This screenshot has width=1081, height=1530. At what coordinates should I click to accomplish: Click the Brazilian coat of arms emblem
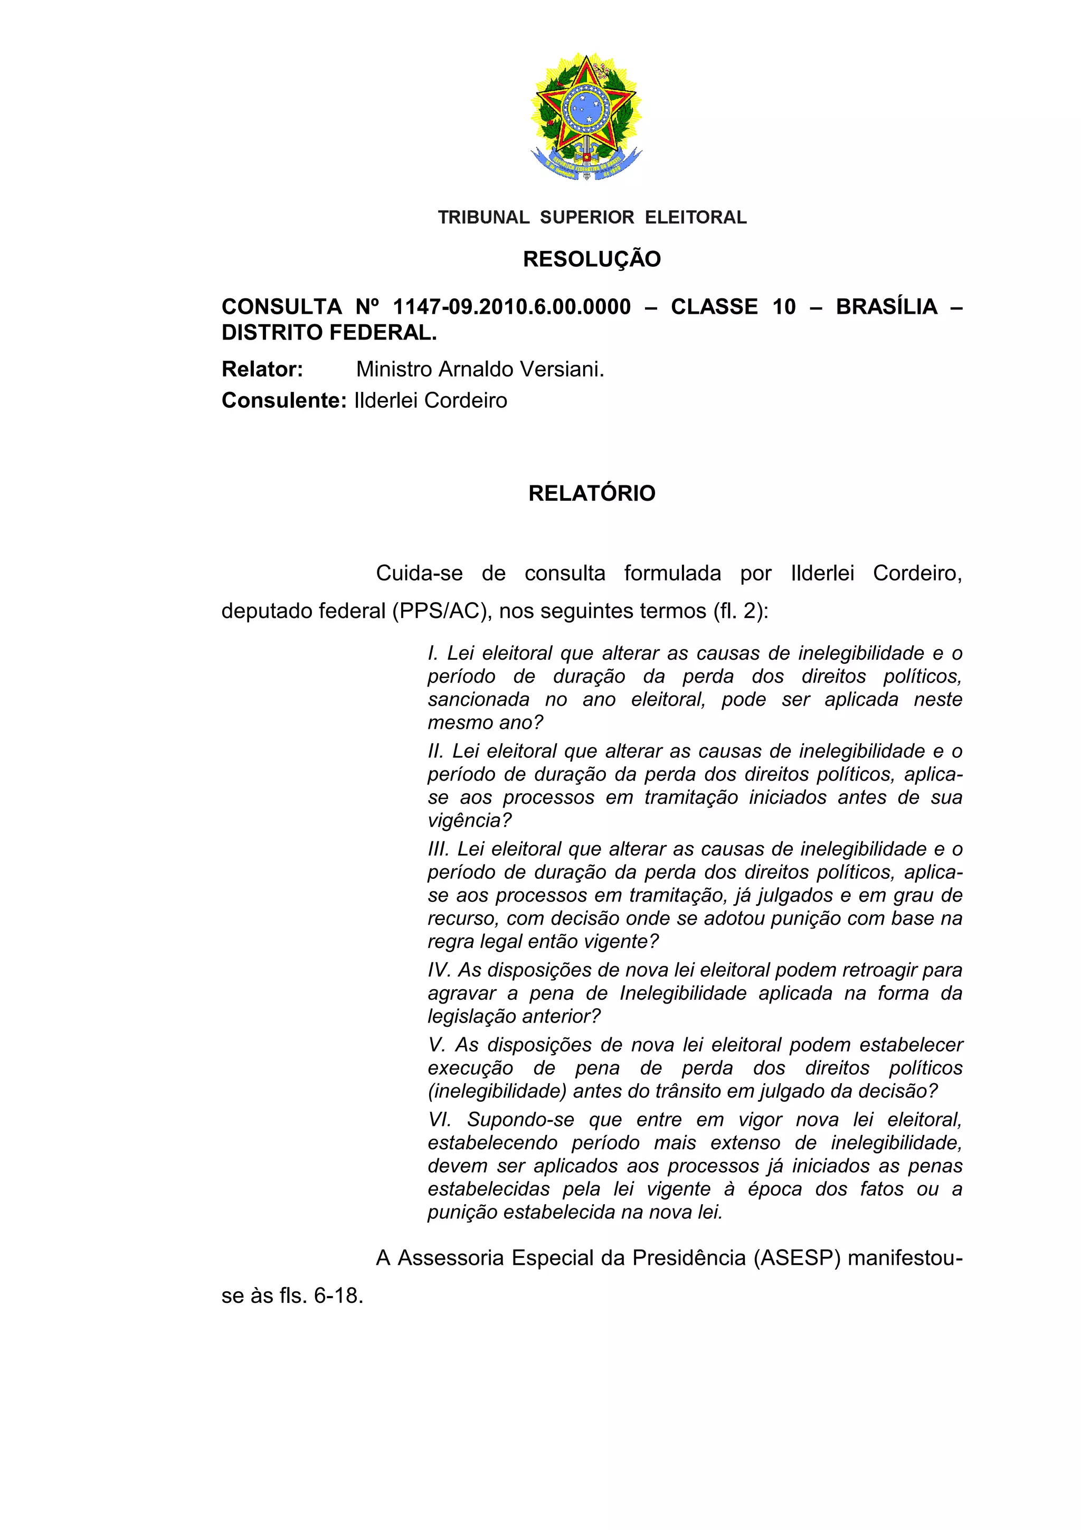point(586,117)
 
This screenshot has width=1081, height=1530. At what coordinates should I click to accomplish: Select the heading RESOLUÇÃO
point(592,259)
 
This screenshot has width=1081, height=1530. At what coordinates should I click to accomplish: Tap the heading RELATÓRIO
point(592,493)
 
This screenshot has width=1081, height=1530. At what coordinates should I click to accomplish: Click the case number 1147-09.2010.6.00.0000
point(511,307)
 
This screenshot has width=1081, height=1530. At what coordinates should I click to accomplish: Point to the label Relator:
point(262,369)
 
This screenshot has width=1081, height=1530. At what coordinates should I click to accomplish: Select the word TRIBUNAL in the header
point(483,217)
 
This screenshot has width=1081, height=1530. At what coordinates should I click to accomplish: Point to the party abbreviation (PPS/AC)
point(442,611)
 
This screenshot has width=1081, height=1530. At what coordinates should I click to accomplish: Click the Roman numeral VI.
point(439,1120)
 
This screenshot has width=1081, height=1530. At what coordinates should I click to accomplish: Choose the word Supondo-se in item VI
point(520,1120)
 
